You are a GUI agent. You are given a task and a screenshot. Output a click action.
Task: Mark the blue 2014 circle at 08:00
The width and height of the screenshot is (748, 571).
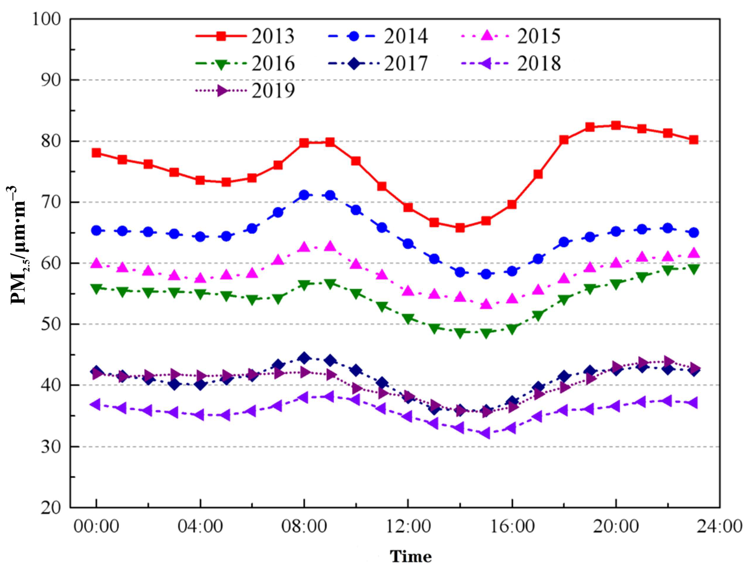[x=304, y=195]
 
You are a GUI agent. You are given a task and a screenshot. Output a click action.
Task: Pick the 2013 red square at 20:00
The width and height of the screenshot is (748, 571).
[x=616, y=125]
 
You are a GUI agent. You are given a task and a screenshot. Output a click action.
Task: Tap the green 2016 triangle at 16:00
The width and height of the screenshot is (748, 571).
[x=512, y=329]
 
